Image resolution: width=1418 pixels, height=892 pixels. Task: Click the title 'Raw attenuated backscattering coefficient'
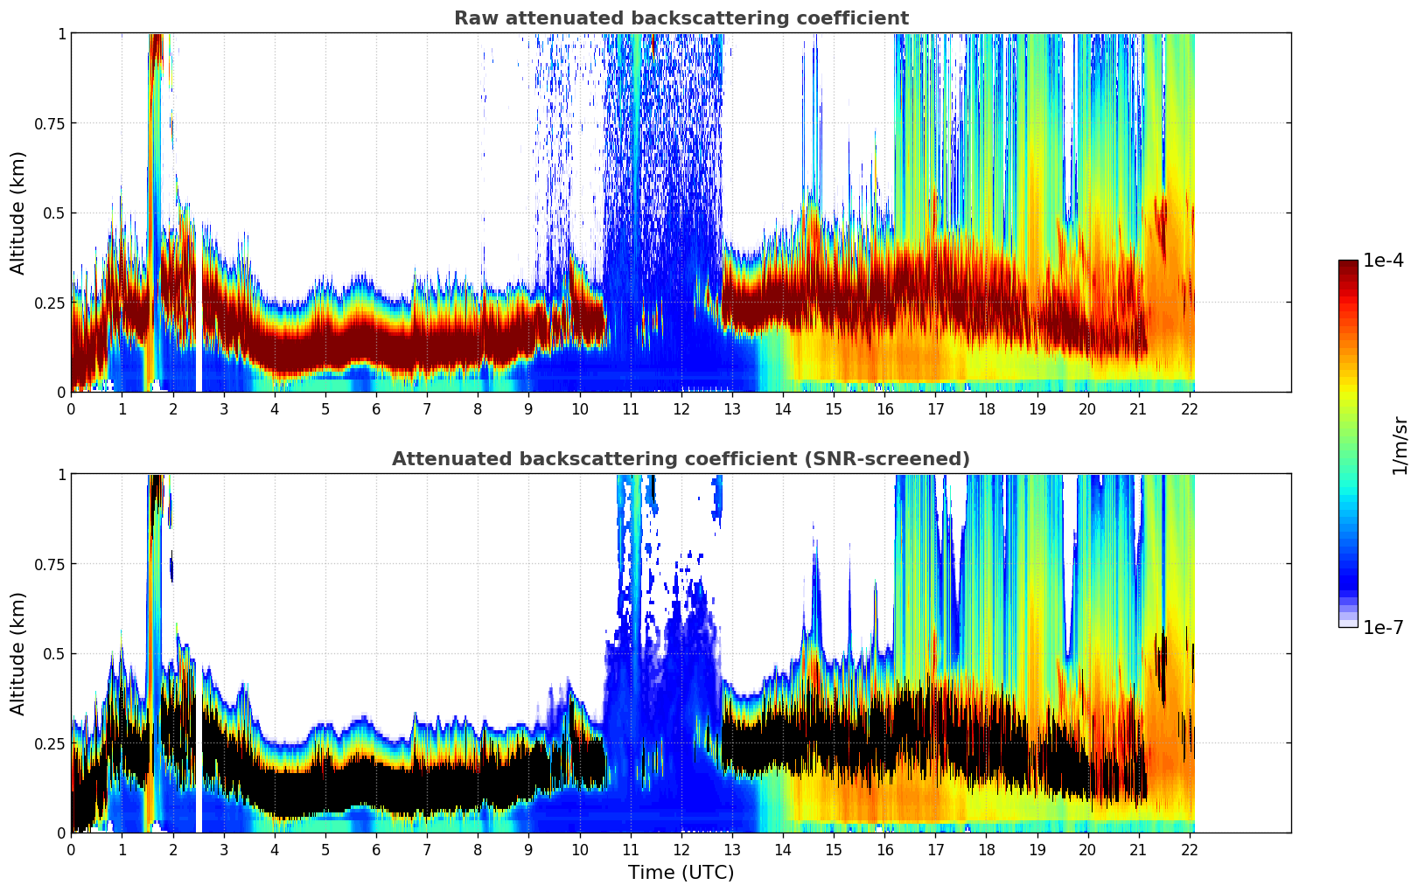(681, 18)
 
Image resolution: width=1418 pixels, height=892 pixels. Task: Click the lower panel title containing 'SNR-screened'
(681, 459)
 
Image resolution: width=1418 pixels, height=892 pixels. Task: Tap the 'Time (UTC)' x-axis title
(681, 873)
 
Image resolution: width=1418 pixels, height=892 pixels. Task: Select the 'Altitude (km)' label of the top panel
(18, 213)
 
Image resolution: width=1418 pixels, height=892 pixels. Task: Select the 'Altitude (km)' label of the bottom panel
(18, 653)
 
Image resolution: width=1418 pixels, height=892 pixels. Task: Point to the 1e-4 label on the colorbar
(1383, 261)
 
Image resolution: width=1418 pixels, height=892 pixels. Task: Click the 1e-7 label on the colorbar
(1383, 627)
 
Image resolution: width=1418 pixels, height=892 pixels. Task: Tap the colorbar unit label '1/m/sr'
(1400, 445)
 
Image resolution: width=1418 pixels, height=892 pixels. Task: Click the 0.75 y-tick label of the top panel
(50, 123)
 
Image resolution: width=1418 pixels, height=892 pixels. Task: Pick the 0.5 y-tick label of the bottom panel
(54, 654)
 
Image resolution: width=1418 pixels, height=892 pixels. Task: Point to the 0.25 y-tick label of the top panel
(50, 303)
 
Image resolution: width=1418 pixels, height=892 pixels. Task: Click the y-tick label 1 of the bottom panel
(61, 475)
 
